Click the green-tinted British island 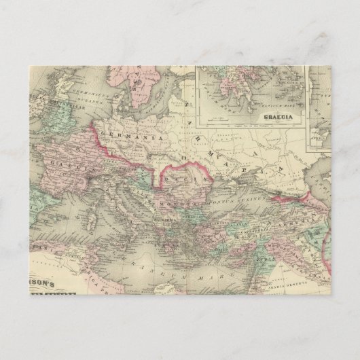[x=51, y=109]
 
